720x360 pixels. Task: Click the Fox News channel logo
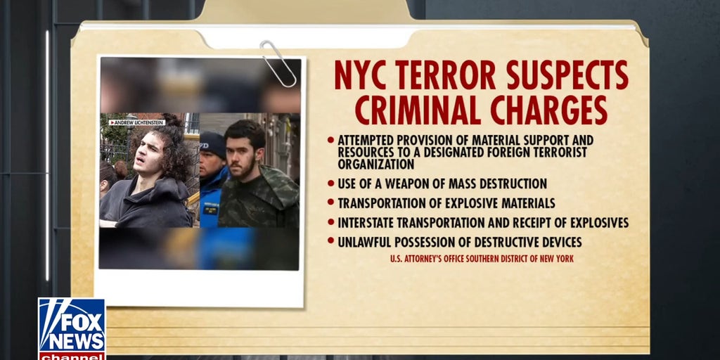pyautogui.click(x=71, y=328)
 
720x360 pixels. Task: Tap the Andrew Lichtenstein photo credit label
pyautogui.click(x=136, y=122)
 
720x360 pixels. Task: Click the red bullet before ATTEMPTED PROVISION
pyautogui.click(x=330, y=140)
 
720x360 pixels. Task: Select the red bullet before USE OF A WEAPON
pyautogui.click(x=330, y=184)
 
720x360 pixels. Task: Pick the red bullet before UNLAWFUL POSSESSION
pyautogui.click(x=330, y=242)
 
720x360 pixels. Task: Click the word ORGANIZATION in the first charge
pyautogui.click(x=375, y=165)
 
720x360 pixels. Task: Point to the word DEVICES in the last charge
pyautogui.click(x=558, y=243)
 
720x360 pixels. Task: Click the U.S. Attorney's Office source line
pyautogui.click(x=482, y=259)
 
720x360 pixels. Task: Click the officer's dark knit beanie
pyautogui.click(x=212, y=143)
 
